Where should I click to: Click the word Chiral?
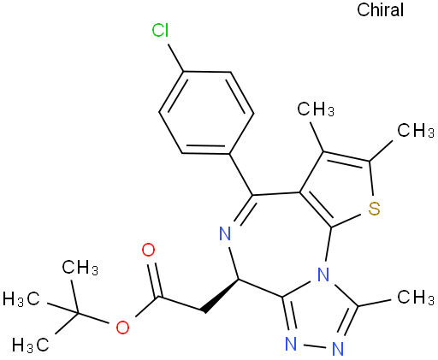click(380, 9)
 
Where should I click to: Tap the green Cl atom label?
click(160, 30)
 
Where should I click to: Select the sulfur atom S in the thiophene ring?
click(374, 209)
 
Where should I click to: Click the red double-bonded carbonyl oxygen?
click(148, 250)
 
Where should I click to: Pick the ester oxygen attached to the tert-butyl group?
click(122, 327)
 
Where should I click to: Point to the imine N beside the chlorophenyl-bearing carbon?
click(225, 233)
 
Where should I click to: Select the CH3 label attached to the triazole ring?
click(416, 297)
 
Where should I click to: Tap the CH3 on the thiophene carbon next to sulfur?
click(416, 130)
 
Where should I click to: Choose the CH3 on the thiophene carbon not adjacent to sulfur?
click(316, 109)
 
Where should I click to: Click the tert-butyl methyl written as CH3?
click(80, 268)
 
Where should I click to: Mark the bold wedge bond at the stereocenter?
click(220, 295)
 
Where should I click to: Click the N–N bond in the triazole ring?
click(314, 346)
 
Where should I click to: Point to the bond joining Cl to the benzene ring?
click(175, 57)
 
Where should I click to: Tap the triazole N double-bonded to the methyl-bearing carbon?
click(338, 349)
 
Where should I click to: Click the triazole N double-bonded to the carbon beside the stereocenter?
click(291, 344)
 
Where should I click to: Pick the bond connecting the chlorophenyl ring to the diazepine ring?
click(241, 174)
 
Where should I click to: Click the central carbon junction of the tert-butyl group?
click(78, 313)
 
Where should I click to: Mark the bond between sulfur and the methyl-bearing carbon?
click(371, 179)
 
